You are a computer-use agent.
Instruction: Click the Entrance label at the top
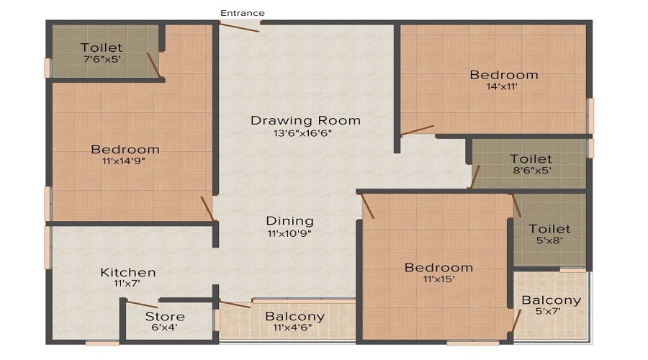pos(242,13)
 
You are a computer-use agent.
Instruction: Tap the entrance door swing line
pos(239,27)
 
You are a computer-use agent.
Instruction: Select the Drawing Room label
pos(305,120)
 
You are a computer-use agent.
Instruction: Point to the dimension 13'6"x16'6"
pos(302,133)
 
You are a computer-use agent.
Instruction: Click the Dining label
pos(289,221)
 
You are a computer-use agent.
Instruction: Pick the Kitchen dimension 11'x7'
pos(127,284)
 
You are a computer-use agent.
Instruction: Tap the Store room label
pos(165,317)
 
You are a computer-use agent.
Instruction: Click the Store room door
pos(142,305)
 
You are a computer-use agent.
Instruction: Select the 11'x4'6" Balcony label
pos(294,317)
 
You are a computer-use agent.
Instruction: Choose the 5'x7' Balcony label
pos(552,300)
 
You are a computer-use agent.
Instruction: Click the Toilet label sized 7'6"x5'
pos(102,48)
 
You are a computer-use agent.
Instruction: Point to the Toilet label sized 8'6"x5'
pos(531,158)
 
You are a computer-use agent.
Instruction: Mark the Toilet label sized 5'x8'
pos(549,229)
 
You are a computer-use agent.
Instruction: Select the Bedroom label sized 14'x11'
pos(504,75)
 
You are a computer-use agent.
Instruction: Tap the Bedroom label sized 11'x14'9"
pos(125,149)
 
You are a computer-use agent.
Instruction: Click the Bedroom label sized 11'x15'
pos(439,267)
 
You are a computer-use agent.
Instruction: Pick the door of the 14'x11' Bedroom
pos(418,130)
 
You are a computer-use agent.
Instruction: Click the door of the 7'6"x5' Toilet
pos(153,65)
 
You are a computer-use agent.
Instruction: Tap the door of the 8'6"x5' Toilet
pos(475,177)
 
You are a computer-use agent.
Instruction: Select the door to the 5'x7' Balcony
pos(516,320)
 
